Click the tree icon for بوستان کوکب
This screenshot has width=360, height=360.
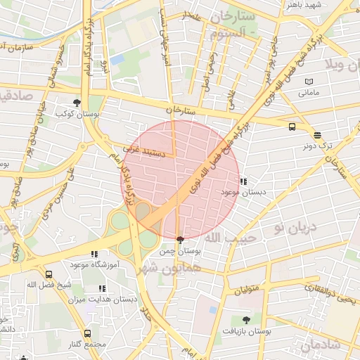point(77,103)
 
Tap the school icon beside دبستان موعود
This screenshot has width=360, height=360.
point(243,181)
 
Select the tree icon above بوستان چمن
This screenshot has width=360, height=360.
point(181,240)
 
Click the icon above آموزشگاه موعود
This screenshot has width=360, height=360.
point(94,254)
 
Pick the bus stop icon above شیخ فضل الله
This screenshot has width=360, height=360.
point(48,275)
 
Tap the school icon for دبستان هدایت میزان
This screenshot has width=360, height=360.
point(102,288)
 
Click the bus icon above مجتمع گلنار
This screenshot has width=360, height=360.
point(87,334)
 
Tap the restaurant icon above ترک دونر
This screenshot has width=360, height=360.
point(317,135)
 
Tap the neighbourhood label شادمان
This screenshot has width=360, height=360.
point(321,345)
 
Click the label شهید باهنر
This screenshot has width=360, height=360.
point(303,5)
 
